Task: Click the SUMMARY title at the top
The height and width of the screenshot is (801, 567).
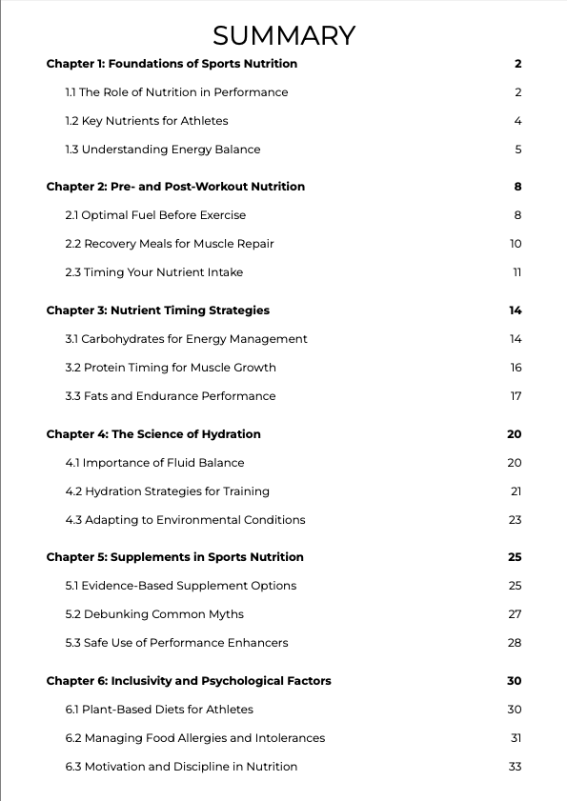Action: point(284,35)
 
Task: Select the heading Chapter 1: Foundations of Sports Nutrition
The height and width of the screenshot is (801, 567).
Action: point(172,64)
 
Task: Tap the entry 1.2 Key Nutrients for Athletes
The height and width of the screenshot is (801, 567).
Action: point(147,121)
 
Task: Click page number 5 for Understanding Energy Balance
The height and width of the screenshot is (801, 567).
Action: point(517,150)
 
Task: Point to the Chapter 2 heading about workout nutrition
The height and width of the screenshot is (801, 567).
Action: point(175,187)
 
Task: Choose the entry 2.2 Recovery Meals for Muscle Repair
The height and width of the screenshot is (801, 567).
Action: point(170,244)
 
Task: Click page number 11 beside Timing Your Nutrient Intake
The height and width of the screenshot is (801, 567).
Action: point(516,272)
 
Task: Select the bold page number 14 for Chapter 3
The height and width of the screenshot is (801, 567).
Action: point(516,310)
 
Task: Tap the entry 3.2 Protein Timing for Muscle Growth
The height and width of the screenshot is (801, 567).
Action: point(171,368)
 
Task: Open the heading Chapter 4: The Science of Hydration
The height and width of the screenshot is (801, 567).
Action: point(153,434)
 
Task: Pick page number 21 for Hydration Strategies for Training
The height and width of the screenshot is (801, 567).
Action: point(516,491)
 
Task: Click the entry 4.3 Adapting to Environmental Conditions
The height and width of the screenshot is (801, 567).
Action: point(185,520)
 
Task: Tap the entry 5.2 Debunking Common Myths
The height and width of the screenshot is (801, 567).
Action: point(154,614)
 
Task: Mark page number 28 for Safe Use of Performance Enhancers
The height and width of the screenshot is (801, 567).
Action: point(515,643)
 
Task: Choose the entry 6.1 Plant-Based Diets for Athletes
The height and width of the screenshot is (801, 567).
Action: point(159,710)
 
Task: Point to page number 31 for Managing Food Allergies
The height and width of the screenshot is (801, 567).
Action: point(516,738)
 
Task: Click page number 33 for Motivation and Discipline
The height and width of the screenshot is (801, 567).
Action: point(515,767)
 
